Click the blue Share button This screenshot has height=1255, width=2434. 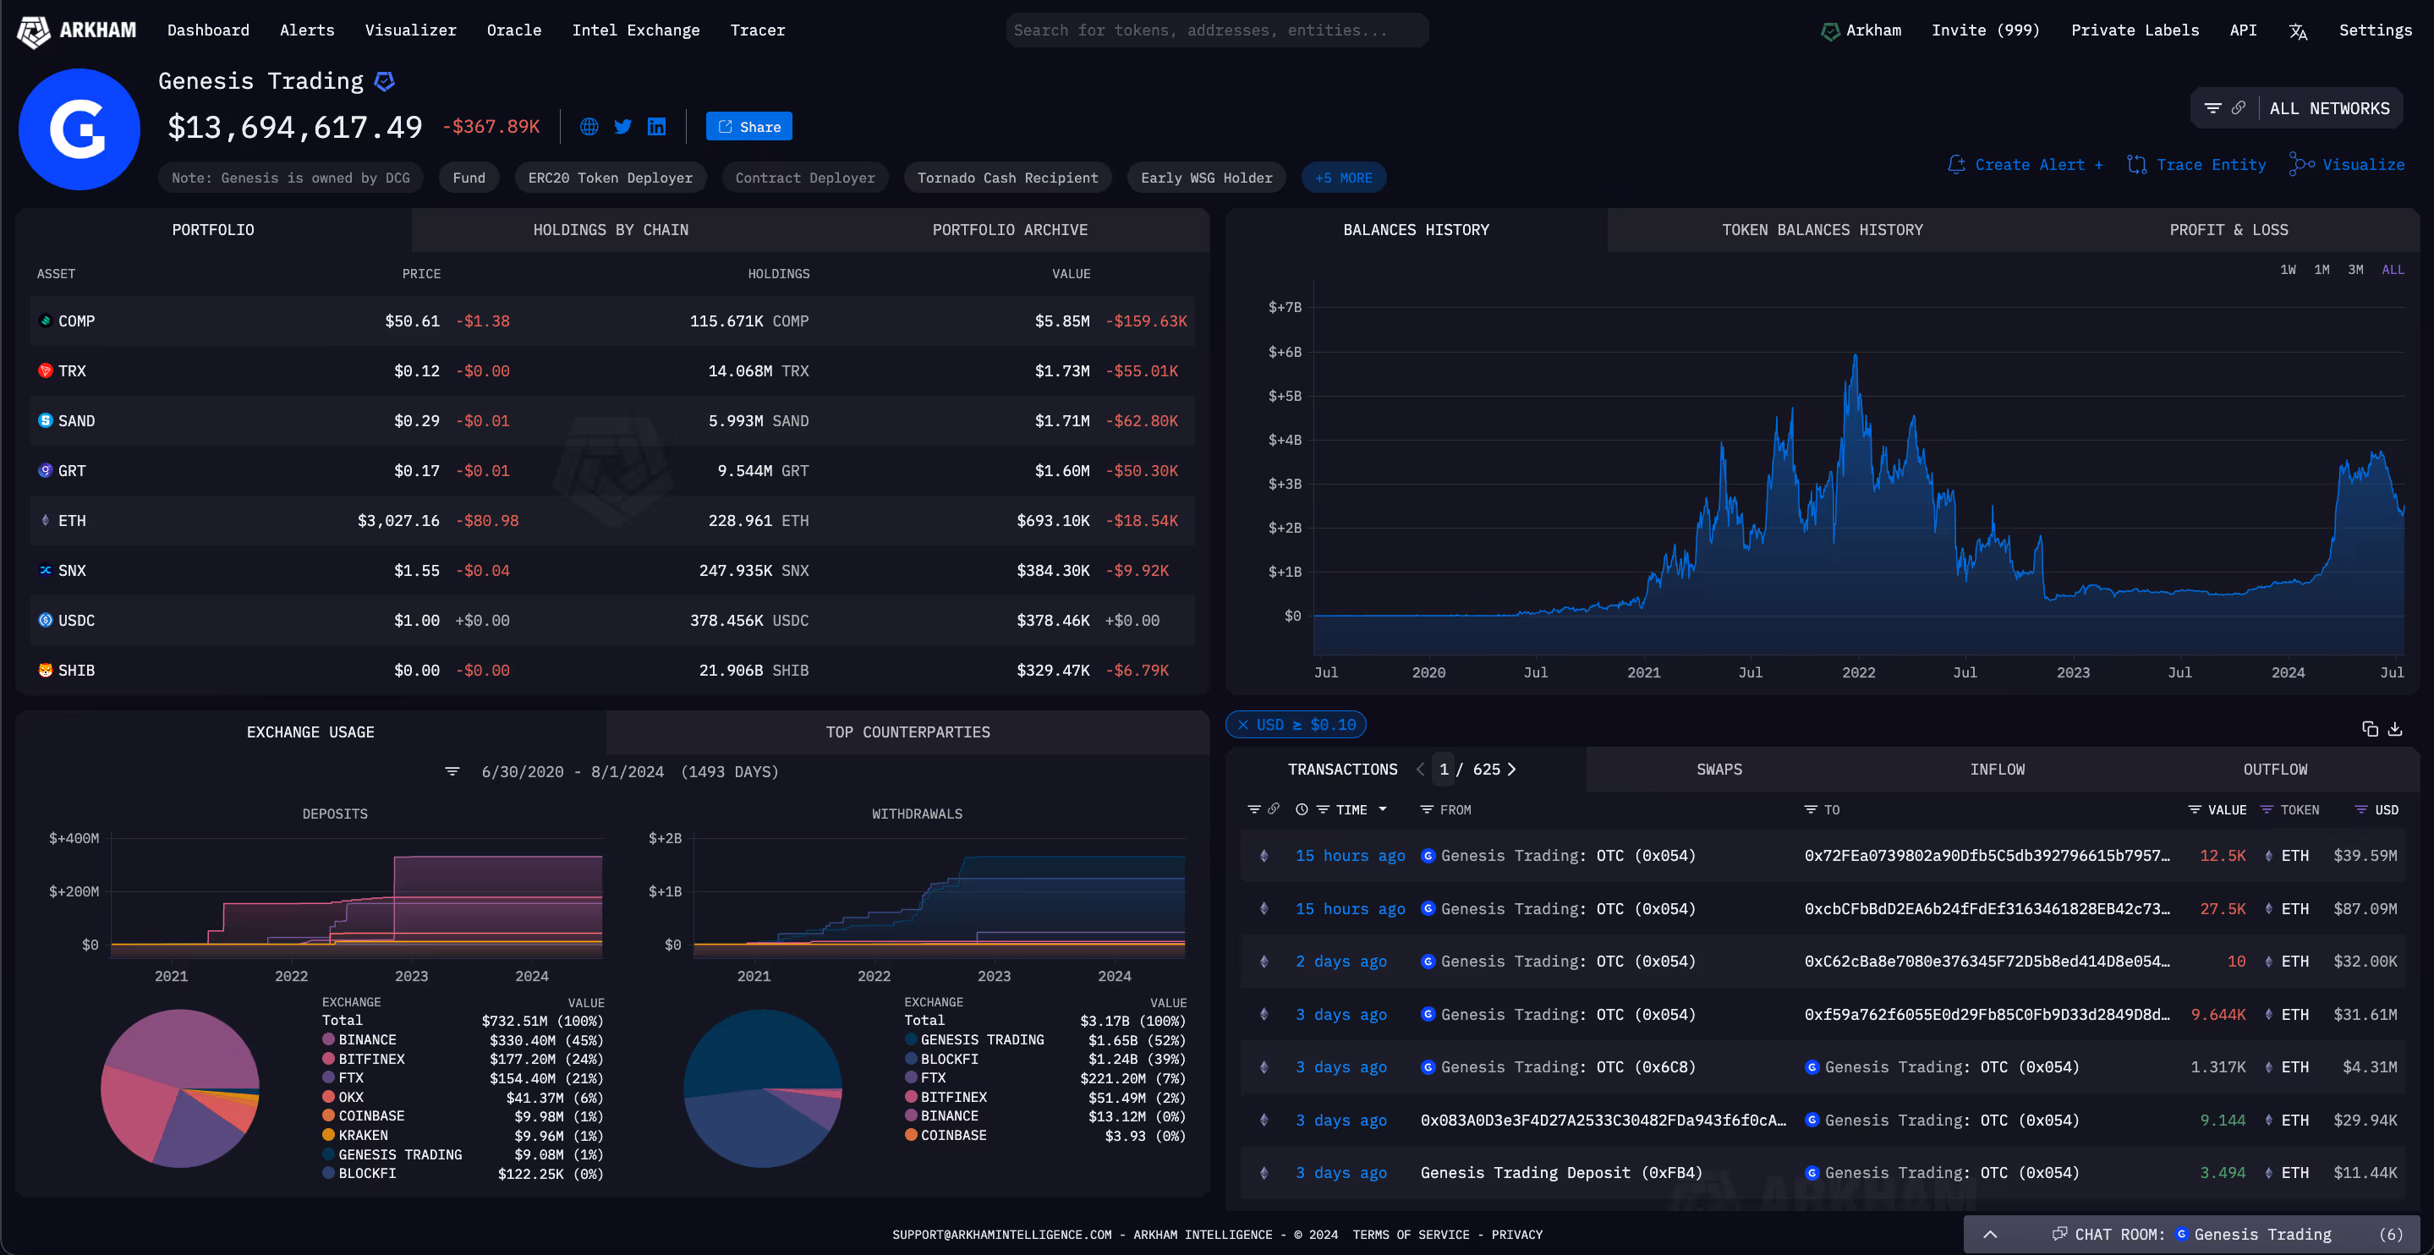(x=748, y=127)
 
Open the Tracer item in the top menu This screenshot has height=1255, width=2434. (x=757, y=30)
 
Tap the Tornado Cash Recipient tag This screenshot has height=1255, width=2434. (x=1006, y=178)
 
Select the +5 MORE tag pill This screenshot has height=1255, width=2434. (x=1343, y=178)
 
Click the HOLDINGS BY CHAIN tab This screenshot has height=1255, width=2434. (x=611, y=230)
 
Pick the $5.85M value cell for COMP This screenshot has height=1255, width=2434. (x=1061, y=321)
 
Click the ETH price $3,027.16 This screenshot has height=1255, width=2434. (x=397, y=521)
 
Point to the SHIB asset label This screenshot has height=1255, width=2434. (x=75, y=670)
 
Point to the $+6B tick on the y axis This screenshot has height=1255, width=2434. (x=1284, y=352)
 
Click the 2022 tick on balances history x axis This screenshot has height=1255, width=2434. (x=1857, y=672)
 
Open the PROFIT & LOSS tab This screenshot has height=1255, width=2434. (x=2228, y=230)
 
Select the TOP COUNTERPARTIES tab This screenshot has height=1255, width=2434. (x=907, y=732)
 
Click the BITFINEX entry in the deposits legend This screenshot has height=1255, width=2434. (x=370, y=1059)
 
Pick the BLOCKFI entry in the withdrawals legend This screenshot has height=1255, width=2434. (x=949, y=1059)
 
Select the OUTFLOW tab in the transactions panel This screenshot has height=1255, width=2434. (x=2274, y=770)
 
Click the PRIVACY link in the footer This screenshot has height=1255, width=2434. (x=1516, y=1234)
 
